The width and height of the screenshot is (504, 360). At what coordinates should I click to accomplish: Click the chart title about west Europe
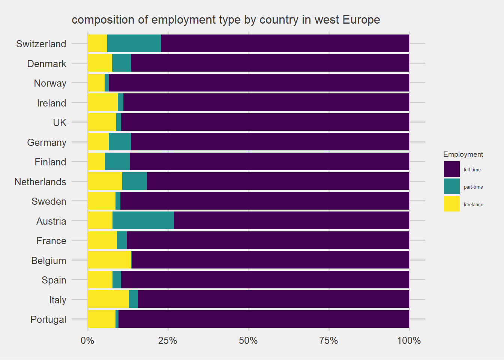coord(226,19)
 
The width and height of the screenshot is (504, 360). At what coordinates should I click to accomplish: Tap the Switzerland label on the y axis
coord(41,44)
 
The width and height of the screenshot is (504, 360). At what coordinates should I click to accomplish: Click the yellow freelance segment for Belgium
coord(109,260)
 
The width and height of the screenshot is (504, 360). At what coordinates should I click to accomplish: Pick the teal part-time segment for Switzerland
coord(134,43)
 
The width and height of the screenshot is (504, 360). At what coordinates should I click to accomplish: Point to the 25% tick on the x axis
coord(168,340)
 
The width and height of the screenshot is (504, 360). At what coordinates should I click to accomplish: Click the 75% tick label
coord(328,340)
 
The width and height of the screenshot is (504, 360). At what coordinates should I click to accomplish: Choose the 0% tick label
coord(88,340)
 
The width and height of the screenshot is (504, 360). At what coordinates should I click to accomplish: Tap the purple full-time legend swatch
coord(451,169)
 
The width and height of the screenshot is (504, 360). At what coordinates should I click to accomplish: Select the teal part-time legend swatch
coord(451,186)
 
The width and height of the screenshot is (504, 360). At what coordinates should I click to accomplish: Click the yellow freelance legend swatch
coord(451,204)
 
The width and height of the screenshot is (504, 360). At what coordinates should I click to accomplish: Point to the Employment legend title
coord(463,154)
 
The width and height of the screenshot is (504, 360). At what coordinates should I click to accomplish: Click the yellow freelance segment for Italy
coord(108,299)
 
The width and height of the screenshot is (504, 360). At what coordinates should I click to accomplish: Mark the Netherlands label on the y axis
coord(40,182)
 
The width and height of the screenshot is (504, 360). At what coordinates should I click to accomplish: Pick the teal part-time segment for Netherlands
coord(134,181)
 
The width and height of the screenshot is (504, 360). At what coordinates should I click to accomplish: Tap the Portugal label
coord(48,319)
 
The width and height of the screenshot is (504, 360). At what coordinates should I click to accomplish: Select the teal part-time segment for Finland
coord(117,162)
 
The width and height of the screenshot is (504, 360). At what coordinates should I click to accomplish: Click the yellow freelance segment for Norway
coord(96,83)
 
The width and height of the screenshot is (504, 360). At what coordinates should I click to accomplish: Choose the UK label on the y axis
coord(60,123)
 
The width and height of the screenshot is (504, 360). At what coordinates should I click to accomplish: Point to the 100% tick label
coord(409,340)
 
